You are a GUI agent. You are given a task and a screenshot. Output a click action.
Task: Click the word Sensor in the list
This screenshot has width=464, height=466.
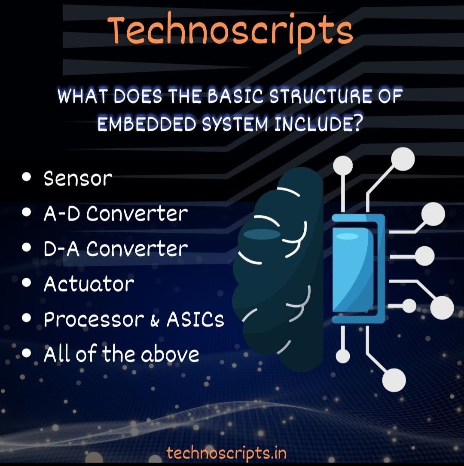(x=78, y=178)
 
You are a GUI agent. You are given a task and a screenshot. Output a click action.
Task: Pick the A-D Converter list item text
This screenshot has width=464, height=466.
(x=116, y=214)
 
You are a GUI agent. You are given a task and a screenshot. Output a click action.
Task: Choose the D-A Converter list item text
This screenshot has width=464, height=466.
(x=116, y=249)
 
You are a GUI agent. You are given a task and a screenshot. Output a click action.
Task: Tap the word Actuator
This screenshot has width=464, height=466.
(x=89, y=284)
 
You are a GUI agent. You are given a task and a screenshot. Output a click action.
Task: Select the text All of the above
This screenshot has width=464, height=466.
(x=122, y=355)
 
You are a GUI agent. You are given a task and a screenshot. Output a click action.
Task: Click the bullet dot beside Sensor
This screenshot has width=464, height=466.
(x=28, y=177)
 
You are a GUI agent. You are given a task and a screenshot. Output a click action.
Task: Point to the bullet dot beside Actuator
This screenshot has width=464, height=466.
(x=28, y=283)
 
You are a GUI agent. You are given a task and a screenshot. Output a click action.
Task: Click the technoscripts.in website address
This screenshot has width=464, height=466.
(x=226, y=453)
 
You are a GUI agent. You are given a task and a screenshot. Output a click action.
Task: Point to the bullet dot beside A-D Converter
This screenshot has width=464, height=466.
(x=28, y=212)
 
